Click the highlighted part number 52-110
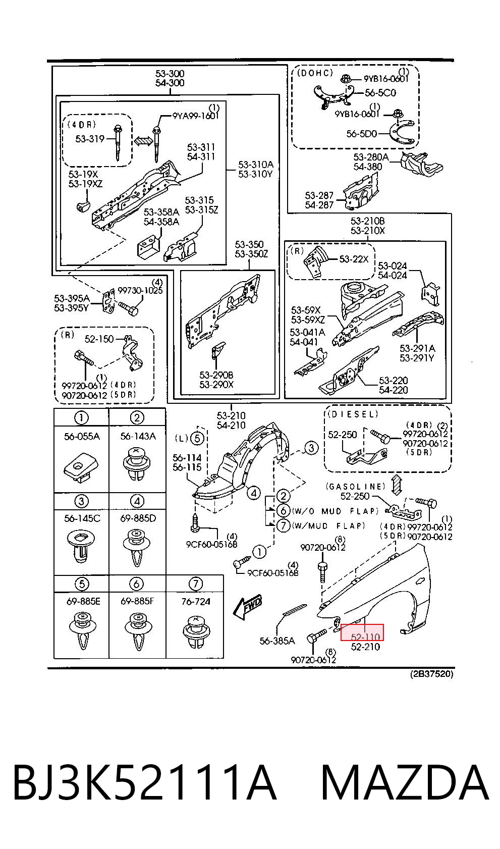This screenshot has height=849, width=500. [365, 637]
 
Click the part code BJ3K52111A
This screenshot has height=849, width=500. [144, 782]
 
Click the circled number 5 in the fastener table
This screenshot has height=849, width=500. [82, 583]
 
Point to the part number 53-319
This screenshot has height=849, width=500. [90, 139]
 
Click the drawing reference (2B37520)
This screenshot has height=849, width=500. [431, 674]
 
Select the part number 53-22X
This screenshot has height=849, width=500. [354, 259]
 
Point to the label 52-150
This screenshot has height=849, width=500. [99, 339]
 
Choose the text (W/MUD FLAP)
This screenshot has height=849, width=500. [328, 525]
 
